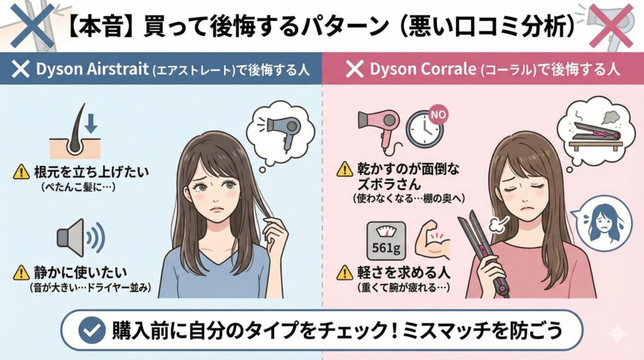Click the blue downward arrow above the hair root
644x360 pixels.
[x=91, y=123]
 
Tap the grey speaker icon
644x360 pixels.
[x=80, y=238]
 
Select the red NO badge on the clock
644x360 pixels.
[x=438, y=115]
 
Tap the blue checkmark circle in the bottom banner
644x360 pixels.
[x=92, y=330]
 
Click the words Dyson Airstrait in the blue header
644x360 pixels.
[x=92, y=69]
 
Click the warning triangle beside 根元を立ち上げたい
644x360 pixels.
[x=21, y=172]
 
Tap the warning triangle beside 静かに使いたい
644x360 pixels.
[x=21, y=273]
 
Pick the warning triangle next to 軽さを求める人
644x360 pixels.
[x=345, y=273]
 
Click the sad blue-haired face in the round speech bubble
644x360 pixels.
[x=604, y=223]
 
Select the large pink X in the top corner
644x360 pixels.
[x=611, y=25]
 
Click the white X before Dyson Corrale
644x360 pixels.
[x=355, y=69]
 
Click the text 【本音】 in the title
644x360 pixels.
[x=100, y=27]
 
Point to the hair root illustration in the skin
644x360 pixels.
[x=76, y=132]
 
